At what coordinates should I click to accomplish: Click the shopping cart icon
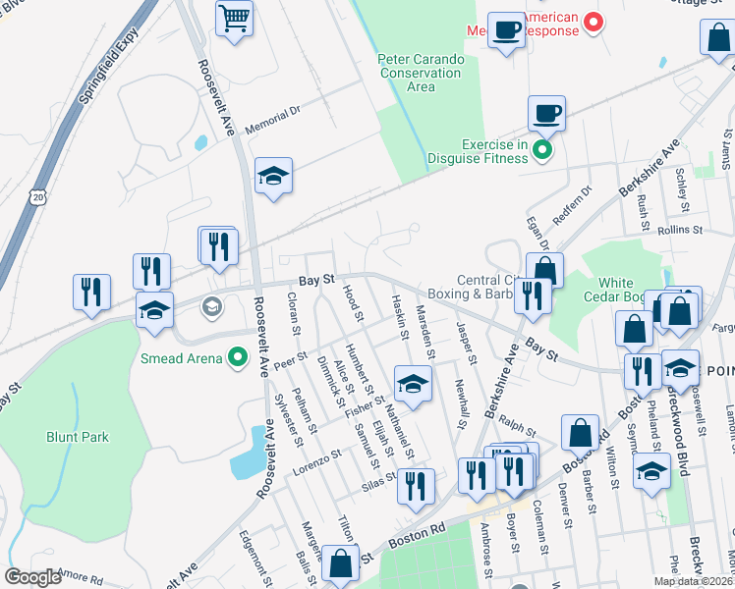coord(235,18)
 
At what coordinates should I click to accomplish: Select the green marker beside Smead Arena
coord(237,358)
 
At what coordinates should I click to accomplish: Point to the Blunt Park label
coord(78,437)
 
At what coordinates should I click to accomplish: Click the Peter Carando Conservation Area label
coord(421,73)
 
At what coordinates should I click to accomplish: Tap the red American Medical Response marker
coord(593,21)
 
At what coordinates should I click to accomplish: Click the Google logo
coord(32,577)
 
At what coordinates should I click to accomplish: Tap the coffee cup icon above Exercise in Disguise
coord(546,113)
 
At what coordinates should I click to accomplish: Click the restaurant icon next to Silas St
coord(416,485)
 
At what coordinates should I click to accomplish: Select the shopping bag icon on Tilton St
coord(340,564)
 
